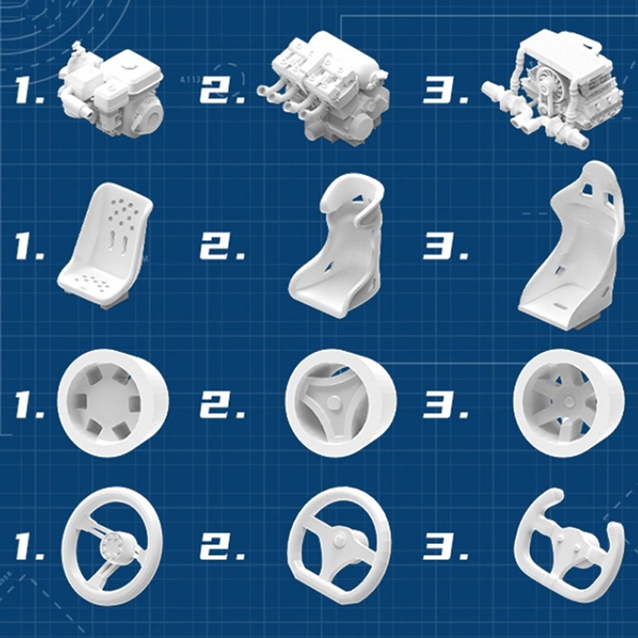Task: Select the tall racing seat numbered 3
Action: click(571, 246)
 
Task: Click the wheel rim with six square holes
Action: click(113, 403)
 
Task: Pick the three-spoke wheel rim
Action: click(341, 403)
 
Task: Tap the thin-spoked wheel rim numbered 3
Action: click(569, 404)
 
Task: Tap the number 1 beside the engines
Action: click(30, 89)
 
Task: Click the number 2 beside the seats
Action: click(223, 247)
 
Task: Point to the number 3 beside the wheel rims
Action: click(446, 405)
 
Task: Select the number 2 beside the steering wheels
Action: click(223, 547)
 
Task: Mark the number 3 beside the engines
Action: click(446, 89)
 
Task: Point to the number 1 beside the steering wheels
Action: click(30, 547)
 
